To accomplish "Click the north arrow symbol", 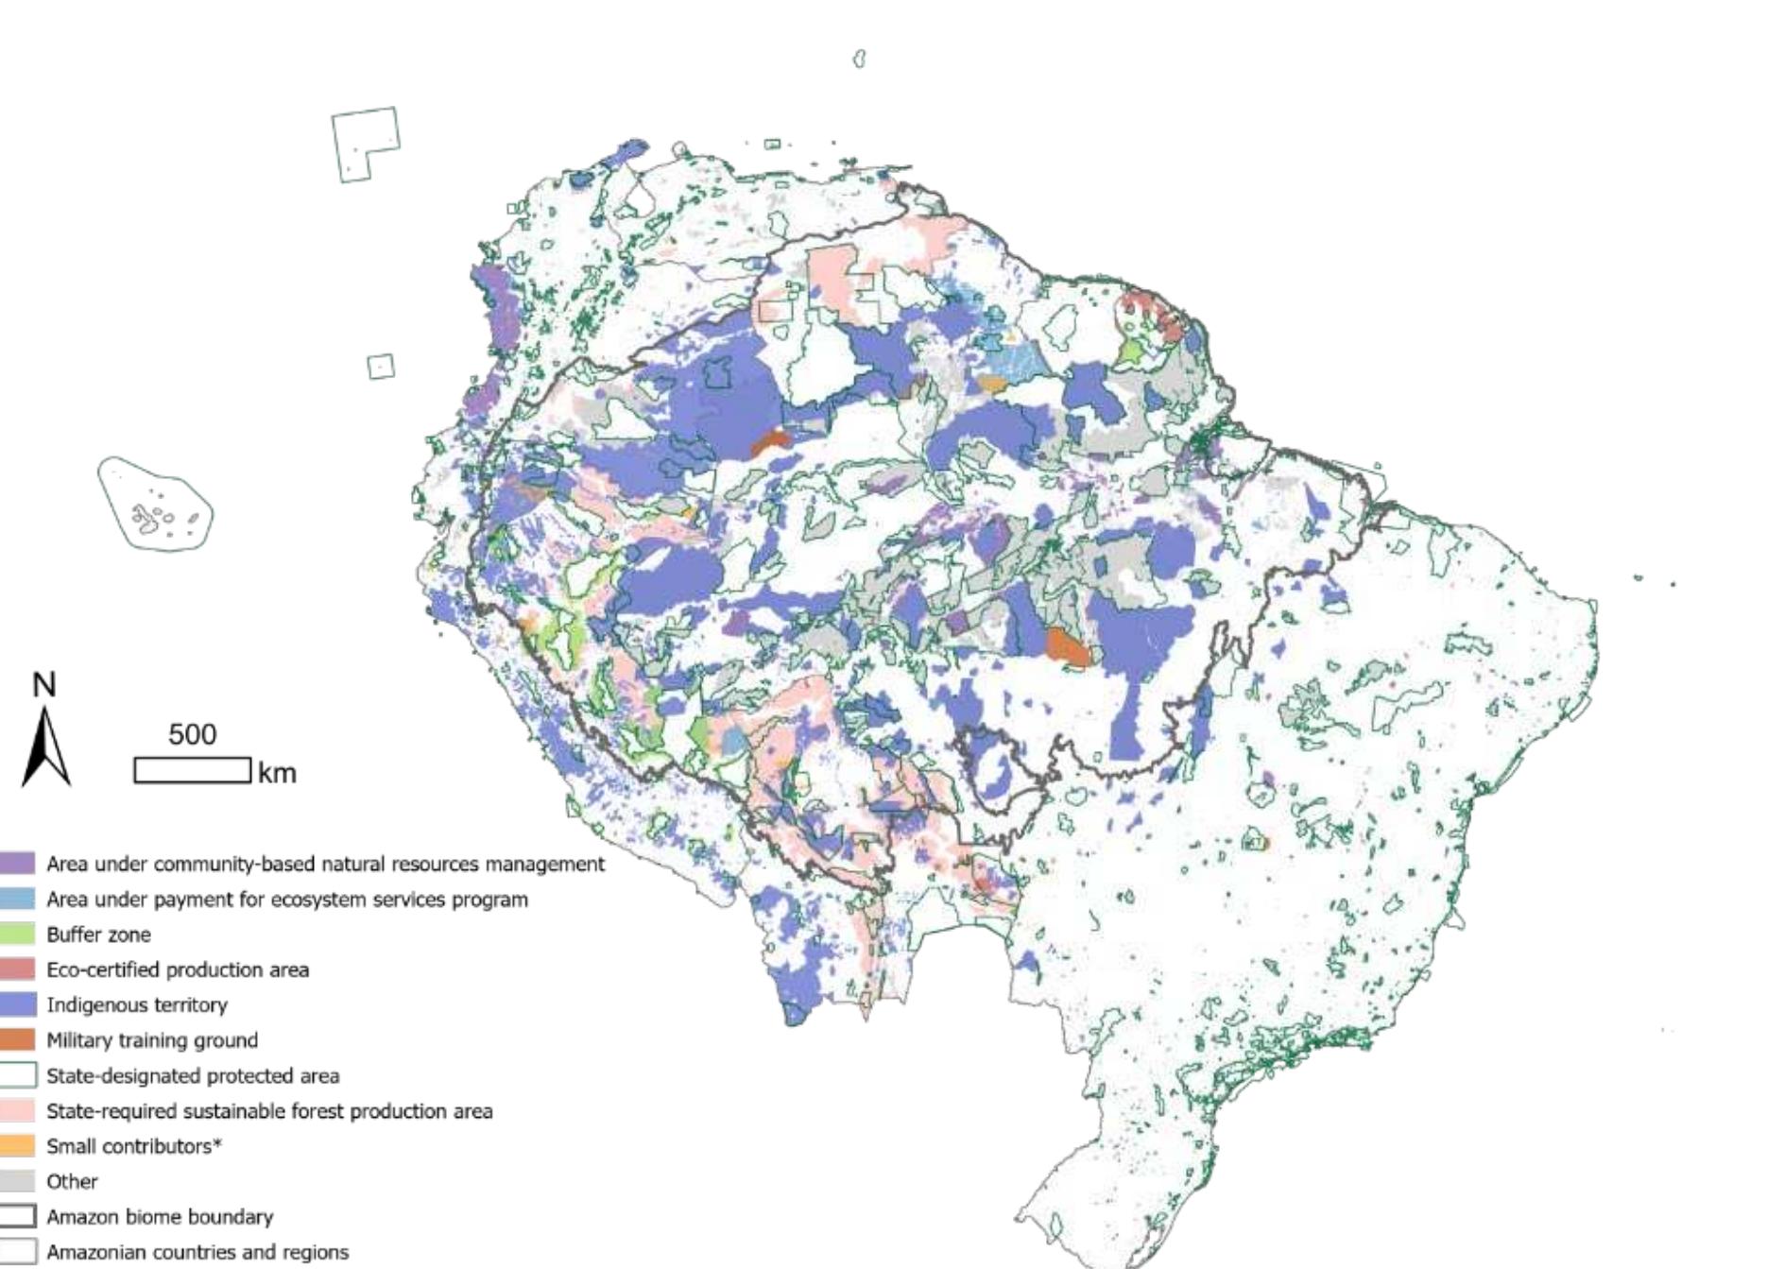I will click(x=45, y=746).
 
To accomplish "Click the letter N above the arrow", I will click(x=44, y=685).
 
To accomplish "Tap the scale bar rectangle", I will click(x=192, y=770).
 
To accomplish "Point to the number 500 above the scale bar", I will click(x=192, y=734).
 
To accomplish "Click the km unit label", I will click(x=277, y=773).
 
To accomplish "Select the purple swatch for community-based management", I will click(x=17, y=864).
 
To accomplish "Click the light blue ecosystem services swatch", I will click(x=17, y=899).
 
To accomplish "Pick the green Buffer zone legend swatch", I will click(x=17, y=935).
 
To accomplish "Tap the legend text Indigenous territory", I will click(x=137, y=1004).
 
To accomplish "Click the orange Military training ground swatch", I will click(x=17, y=1040).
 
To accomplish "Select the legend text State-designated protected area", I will click(x=193, y=1075).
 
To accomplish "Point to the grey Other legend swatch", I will click(x=17, y=1181).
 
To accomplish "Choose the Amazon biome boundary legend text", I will click(x=160, y=1217).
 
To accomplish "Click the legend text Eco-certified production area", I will click(x=178, y=969).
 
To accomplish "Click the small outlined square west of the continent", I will click(x=381, y=366).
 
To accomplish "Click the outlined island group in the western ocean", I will click(x=156, y=504).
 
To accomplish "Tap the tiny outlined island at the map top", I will click(x=859, y=59).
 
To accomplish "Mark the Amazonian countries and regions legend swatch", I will click(x=17, y=1252).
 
